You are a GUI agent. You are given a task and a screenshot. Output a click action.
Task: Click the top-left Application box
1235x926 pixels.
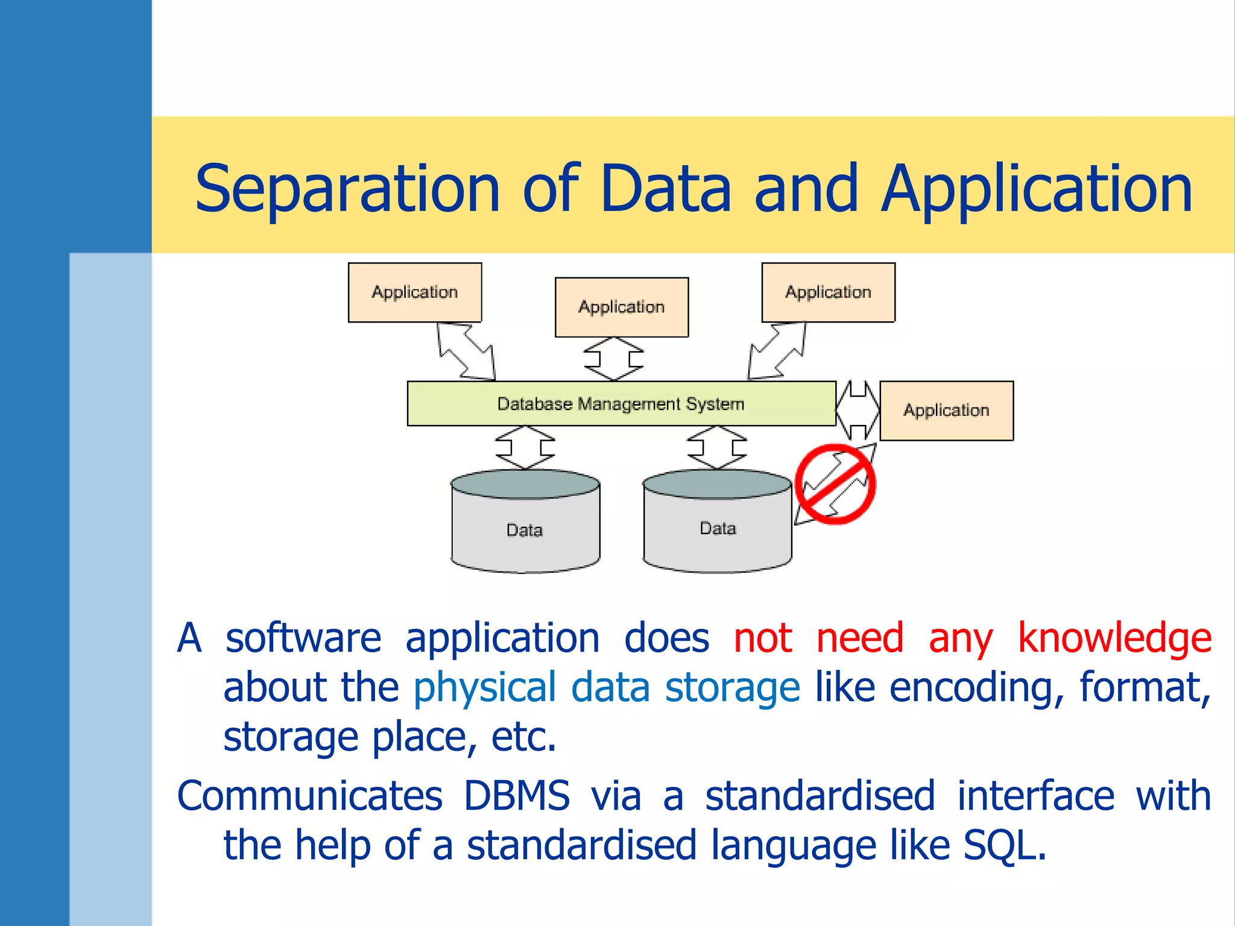pyautogui.click(x=415, y=292)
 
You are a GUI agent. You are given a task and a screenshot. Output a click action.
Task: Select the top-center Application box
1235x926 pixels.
pyautogui.click(x=622, y=307)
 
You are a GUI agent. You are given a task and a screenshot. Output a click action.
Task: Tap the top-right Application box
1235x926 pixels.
pyautogui.click(x=828, y=292)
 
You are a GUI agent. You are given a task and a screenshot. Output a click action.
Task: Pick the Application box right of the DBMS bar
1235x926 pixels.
pyautogui.click(x=946, y=411)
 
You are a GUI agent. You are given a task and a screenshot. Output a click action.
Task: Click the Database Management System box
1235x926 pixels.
pyautogui.click(x=621, y=403)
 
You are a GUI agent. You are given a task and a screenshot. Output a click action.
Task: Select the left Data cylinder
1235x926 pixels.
pyautogui.click(x=525, y=522)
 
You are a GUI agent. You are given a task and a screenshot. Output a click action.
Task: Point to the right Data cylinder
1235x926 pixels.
pyautogui.click(x=717, y=522)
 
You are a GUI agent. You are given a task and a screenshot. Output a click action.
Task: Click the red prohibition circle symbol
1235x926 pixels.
pyautogui.click(x=835, y=484)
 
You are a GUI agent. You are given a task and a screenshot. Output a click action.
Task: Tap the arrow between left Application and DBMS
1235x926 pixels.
pyautogui.click(x=466, y=351)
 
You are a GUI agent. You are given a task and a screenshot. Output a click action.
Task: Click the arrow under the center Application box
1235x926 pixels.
pyautogui.click(x=614, y=359)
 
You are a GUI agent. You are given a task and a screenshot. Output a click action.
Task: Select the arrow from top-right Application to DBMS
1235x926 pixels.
pyautogui.click(x=777, y=350)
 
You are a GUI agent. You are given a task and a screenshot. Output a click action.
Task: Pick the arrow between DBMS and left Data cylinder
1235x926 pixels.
pyautogui.click(x=525, y=447)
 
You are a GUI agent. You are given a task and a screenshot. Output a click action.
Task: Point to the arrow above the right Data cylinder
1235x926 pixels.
pyautogui.click(x=717, y=447)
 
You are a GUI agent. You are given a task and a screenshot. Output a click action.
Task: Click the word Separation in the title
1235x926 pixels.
pyautogui.click(x=347, y=189)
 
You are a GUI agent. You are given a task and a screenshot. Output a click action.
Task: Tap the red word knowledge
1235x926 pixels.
pyautogui.click(x=1114, y=638)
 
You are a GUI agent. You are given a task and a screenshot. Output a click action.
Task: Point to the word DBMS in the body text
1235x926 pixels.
pyautogui.click(x=517, y=795)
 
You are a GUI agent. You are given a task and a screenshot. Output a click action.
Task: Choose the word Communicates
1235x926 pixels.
pyautogui.click(x=310, y=795)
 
